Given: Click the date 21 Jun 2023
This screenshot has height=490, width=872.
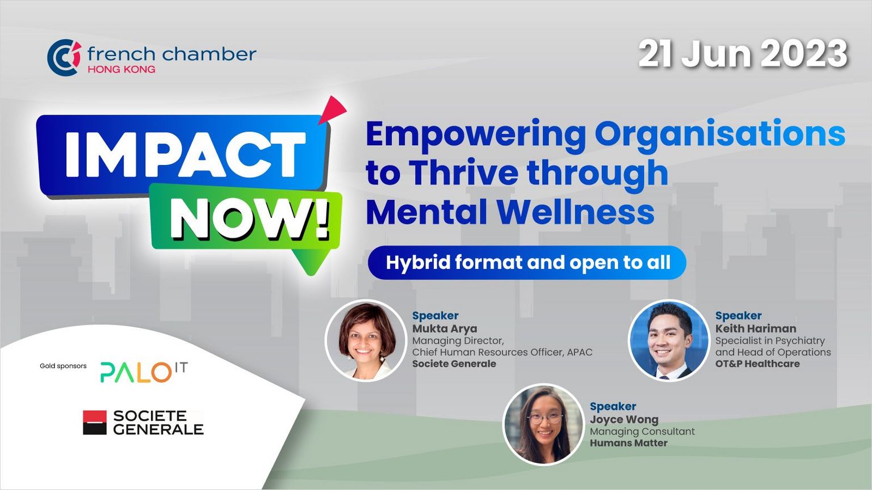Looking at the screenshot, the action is click(743, 55).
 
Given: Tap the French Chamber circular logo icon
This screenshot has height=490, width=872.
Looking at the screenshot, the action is click(64, 57).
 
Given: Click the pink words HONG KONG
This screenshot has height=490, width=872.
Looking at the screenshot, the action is click(121, 70).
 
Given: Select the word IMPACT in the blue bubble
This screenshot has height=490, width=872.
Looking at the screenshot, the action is click(185, 155).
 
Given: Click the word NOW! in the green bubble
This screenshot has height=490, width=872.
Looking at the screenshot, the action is click(250, 219).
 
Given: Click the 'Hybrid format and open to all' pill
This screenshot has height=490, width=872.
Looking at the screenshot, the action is click(527, 263).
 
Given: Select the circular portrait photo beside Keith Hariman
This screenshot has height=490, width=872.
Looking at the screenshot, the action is click(669, 340).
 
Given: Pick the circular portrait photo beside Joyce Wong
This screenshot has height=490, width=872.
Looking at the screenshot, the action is click(543, 424).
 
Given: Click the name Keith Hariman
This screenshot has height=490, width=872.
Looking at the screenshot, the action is click(756, 328).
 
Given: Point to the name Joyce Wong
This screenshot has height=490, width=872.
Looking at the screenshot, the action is click(624, 420).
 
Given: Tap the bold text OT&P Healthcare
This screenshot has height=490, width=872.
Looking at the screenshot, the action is click(757, 364).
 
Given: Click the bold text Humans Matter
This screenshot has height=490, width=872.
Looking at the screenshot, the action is click(628, 443).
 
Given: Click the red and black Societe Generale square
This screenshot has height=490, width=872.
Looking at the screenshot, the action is click(95, 423).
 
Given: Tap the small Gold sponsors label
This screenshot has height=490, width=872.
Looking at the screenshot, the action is click(63, 366).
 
